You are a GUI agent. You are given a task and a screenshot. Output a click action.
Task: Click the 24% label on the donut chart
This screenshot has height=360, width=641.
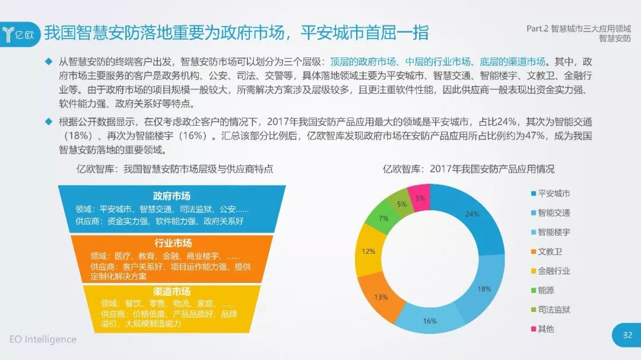click(x=472, y=214)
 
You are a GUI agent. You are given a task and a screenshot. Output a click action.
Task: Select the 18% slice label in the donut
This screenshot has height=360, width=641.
click(x=484, y=289)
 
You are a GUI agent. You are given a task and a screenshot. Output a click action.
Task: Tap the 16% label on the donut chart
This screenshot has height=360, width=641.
click(x=430, y=321)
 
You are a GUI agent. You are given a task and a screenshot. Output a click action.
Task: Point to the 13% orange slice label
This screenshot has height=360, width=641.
click(x=381, y=297)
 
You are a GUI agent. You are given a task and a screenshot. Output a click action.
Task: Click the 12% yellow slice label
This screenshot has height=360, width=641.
click(x=368, y=251)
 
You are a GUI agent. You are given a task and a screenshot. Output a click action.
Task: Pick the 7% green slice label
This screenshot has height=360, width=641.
click(x=383, y=218)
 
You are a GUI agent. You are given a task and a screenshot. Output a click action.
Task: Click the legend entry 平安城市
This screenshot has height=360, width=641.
click(x=553, y=193)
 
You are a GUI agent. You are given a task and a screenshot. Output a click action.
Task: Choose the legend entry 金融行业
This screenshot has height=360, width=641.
click(x=553, y=271)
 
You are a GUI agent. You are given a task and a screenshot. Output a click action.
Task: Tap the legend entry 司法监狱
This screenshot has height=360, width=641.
click(x=553, y=310)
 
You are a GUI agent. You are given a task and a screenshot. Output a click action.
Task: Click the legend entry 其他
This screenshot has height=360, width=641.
click(x=545, y=329)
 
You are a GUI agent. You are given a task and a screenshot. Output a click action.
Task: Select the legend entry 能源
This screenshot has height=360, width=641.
click(x=545, y=290)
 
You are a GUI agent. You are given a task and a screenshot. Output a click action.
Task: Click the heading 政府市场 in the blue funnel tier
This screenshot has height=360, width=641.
click(x=172, y=196)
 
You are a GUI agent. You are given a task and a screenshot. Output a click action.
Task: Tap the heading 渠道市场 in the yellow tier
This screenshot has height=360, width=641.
click(x=172, y=291)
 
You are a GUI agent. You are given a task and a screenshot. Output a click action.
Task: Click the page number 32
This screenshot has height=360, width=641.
click(x=627, y=335)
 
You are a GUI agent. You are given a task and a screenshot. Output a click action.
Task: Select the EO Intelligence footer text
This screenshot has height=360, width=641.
click(x=43, y=339)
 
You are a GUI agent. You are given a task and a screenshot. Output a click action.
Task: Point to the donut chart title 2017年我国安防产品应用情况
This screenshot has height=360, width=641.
click(x=468, y=169)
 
